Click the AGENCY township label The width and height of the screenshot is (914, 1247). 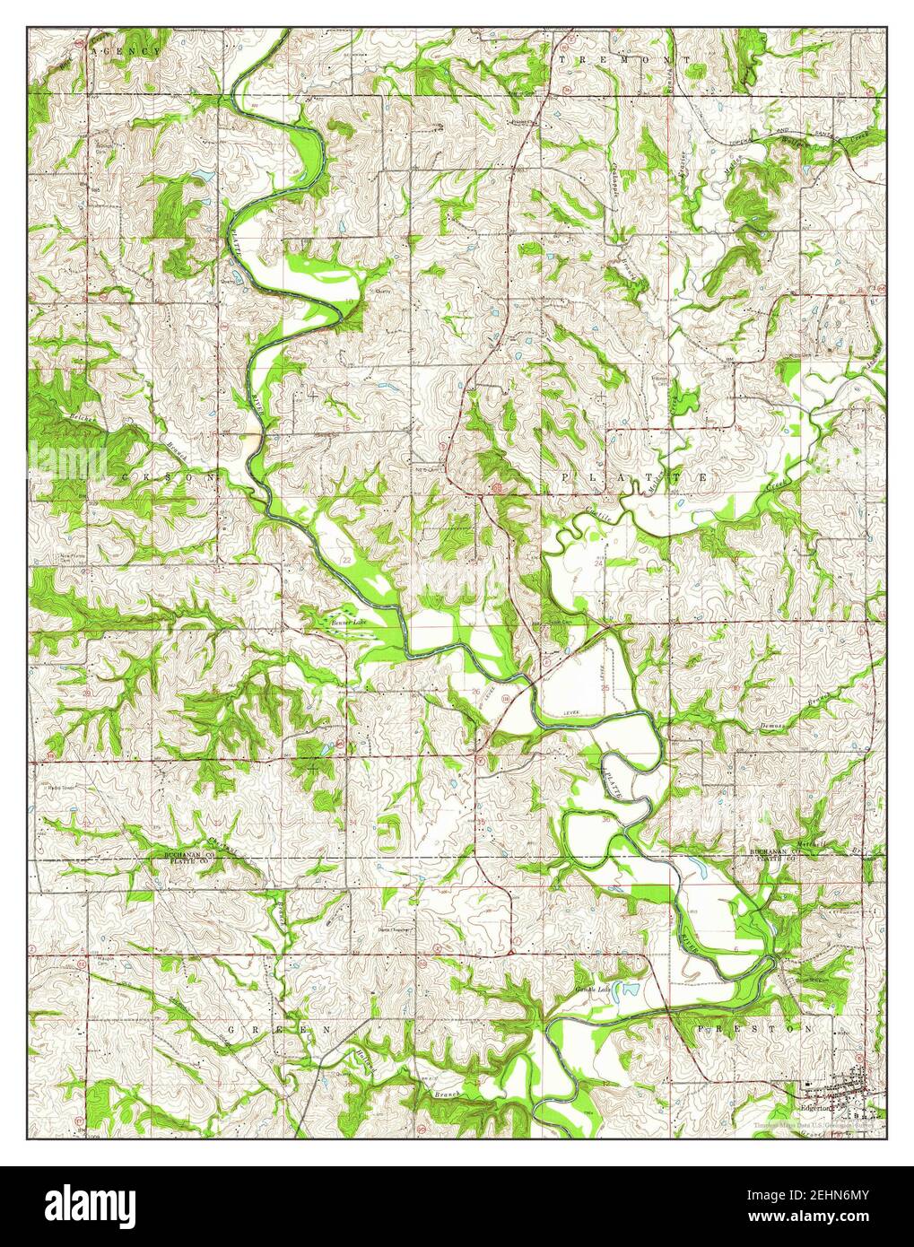pos(125,53)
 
